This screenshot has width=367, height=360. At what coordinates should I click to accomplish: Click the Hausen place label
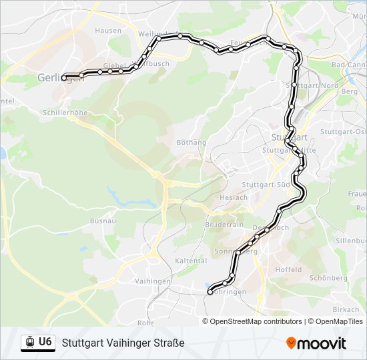pyautogui.click(x=108, y=31)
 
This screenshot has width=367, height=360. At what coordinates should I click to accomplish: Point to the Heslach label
pyautogui.click(x=234, y=198)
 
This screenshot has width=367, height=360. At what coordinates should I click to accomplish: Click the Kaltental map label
pyautogui.click(x=189, y=261)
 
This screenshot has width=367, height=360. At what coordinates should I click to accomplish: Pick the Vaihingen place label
pyautogui.click(x=152, y=282)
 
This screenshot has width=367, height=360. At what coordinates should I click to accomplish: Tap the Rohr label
pyautogui.click(x=145, y=323)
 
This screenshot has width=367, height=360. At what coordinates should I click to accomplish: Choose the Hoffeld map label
pyautogui.click(x=289, y=270)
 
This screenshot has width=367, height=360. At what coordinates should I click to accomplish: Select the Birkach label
pyautogui.click(x=346, y=310)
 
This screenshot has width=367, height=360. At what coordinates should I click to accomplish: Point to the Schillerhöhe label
pyautogui.click(x=65, y=113)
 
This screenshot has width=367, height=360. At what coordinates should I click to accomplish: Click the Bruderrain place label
pyautogui.click(x=224, y=225)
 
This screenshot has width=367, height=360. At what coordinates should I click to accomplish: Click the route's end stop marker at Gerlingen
pyautogui.click(x=64, y=78)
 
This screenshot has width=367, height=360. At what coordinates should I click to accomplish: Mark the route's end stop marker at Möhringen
pyautogui.click(x=210, y=292)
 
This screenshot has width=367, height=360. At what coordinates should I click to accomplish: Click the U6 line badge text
pyautogui.click(x=45, y=342)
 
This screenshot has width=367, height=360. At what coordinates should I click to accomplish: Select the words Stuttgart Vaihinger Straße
pyautogui.click(x=123, y=343)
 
